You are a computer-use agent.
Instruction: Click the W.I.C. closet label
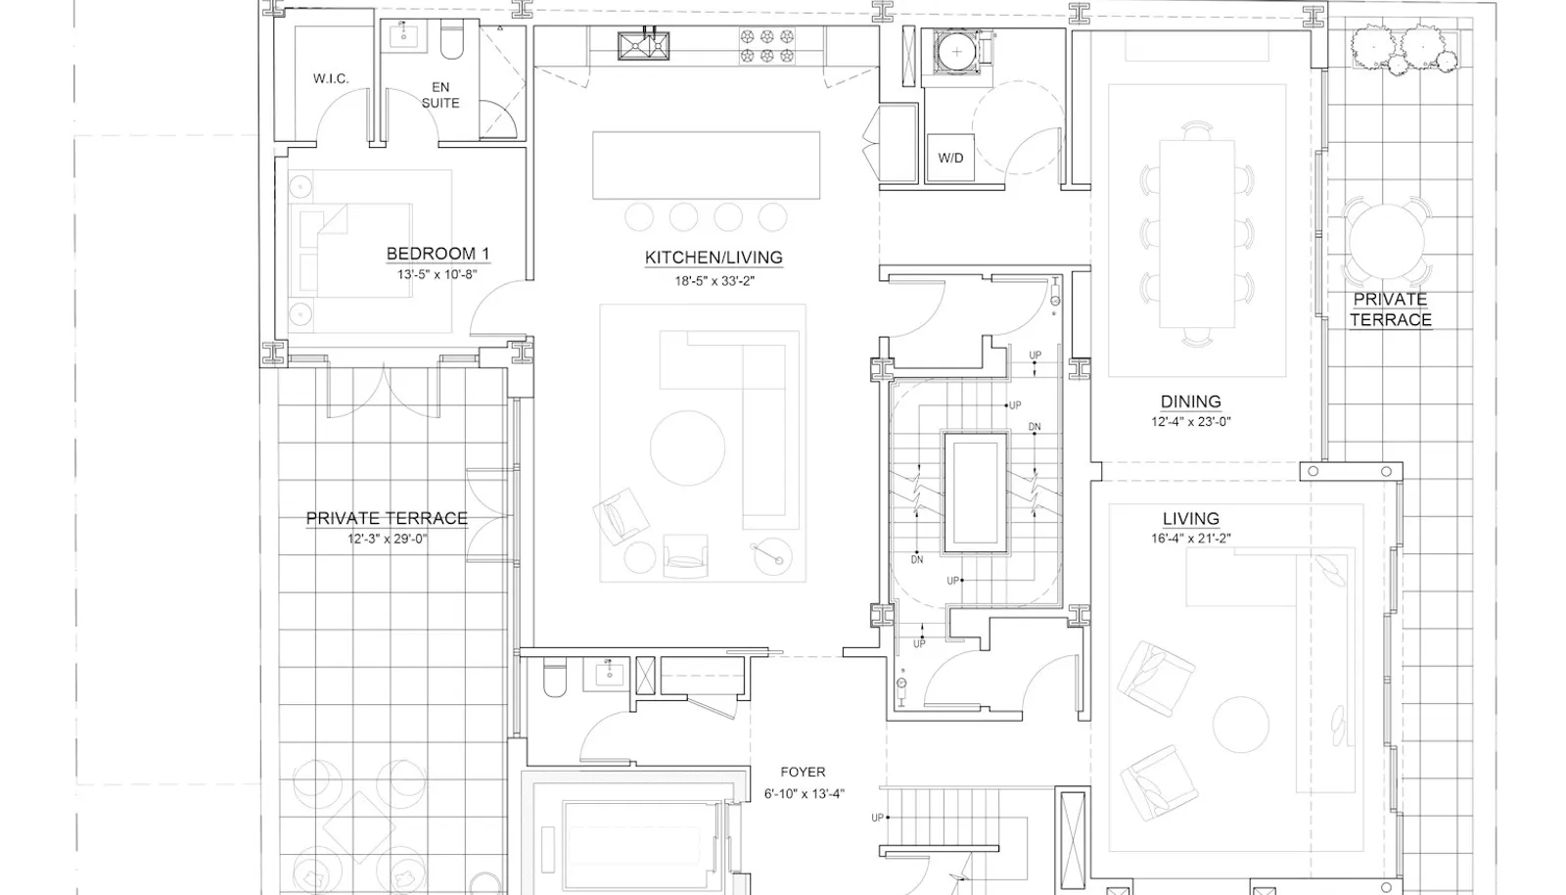tap(331, 79)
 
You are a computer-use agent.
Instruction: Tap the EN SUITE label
tap(440, 95)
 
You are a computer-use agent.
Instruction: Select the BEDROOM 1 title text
tap(438, 254)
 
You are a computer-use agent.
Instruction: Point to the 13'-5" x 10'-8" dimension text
tap(437, 275)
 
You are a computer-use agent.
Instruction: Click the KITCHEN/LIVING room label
tap(714, 258)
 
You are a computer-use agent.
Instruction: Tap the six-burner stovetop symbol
tap(767, 45)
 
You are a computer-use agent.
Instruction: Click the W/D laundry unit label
tap(950, 158)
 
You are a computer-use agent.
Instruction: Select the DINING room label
tap(1191, 402)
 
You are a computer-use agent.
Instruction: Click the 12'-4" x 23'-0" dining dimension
tap(1191, 422)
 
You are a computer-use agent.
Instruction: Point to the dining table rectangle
tap(1197, 233)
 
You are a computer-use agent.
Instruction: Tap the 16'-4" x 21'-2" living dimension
tap(1191, 539)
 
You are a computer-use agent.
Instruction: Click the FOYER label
tap(804, 772)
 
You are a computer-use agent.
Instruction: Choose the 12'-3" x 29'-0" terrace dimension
tap(388, 540)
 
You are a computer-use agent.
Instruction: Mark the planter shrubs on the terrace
tap(1405, 49)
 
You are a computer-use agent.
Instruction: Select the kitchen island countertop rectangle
tap(706, 165)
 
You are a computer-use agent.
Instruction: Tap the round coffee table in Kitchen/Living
tap(687, 447)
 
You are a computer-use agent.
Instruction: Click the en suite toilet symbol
tap(452, 43)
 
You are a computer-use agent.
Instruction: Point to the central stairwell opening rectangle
tap(976, 492)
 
